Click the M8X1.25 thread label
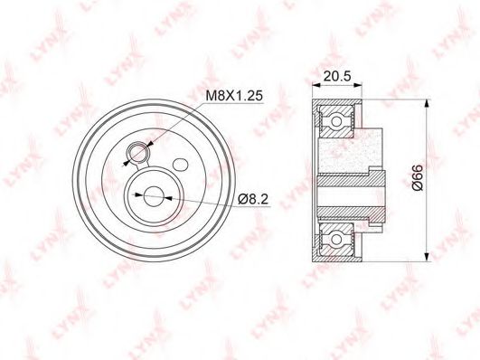click(x=234, y=96)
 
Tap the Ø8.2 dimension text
click(x=253, y=199)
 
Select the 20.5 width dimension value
click(x=337, y=76)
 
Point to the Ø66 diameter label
click(x=417, y=177)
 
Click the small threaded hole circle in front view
click(x=137, y=152)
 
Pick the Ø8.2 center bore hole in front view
click(x=153, y=196)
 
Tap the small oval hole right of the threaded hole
click(x=180, y=165)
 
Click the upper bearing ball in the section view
click(x=336, y=121)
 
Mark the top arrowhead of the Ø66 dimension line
click(x=426, y=103)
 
